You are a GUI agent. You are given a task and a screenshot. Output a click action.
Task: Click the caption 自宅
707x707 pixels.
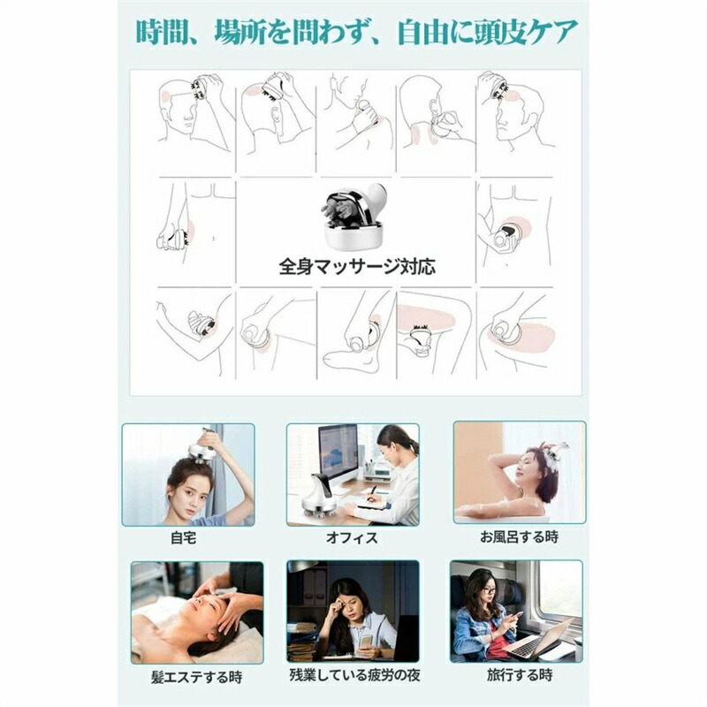coord(184,538)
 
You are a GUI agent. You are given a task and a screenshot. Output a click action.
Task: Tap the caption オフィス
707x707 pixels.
coord(352,538)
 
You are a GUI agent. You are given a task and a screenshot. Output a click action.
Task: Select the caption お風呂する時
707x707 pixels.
coord(519,537)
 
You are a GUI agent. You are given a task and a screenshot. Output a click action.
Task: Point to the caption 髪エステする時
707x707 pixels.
coord(196,677)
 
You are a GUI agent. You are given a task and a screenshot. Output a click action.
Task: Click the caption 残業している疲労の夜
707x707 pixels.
coord(354,675)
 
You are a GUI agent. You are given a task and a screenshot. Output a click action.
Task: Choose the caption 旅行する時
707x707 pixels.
coord(520,675)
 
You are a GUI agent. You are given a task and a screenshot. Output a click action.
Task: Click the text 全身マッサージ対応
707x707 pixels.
coord(357,267)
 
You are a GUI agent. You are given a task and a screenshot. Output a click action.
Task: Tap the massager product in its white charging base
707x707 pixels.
coord(354,216)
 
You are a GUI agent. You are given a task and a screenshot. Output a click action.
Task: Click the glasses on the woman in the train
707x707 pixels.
coord(488,589)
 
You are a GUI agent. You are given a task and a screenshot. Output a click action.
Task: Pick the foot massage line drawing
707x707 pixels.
coord(355,334)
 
